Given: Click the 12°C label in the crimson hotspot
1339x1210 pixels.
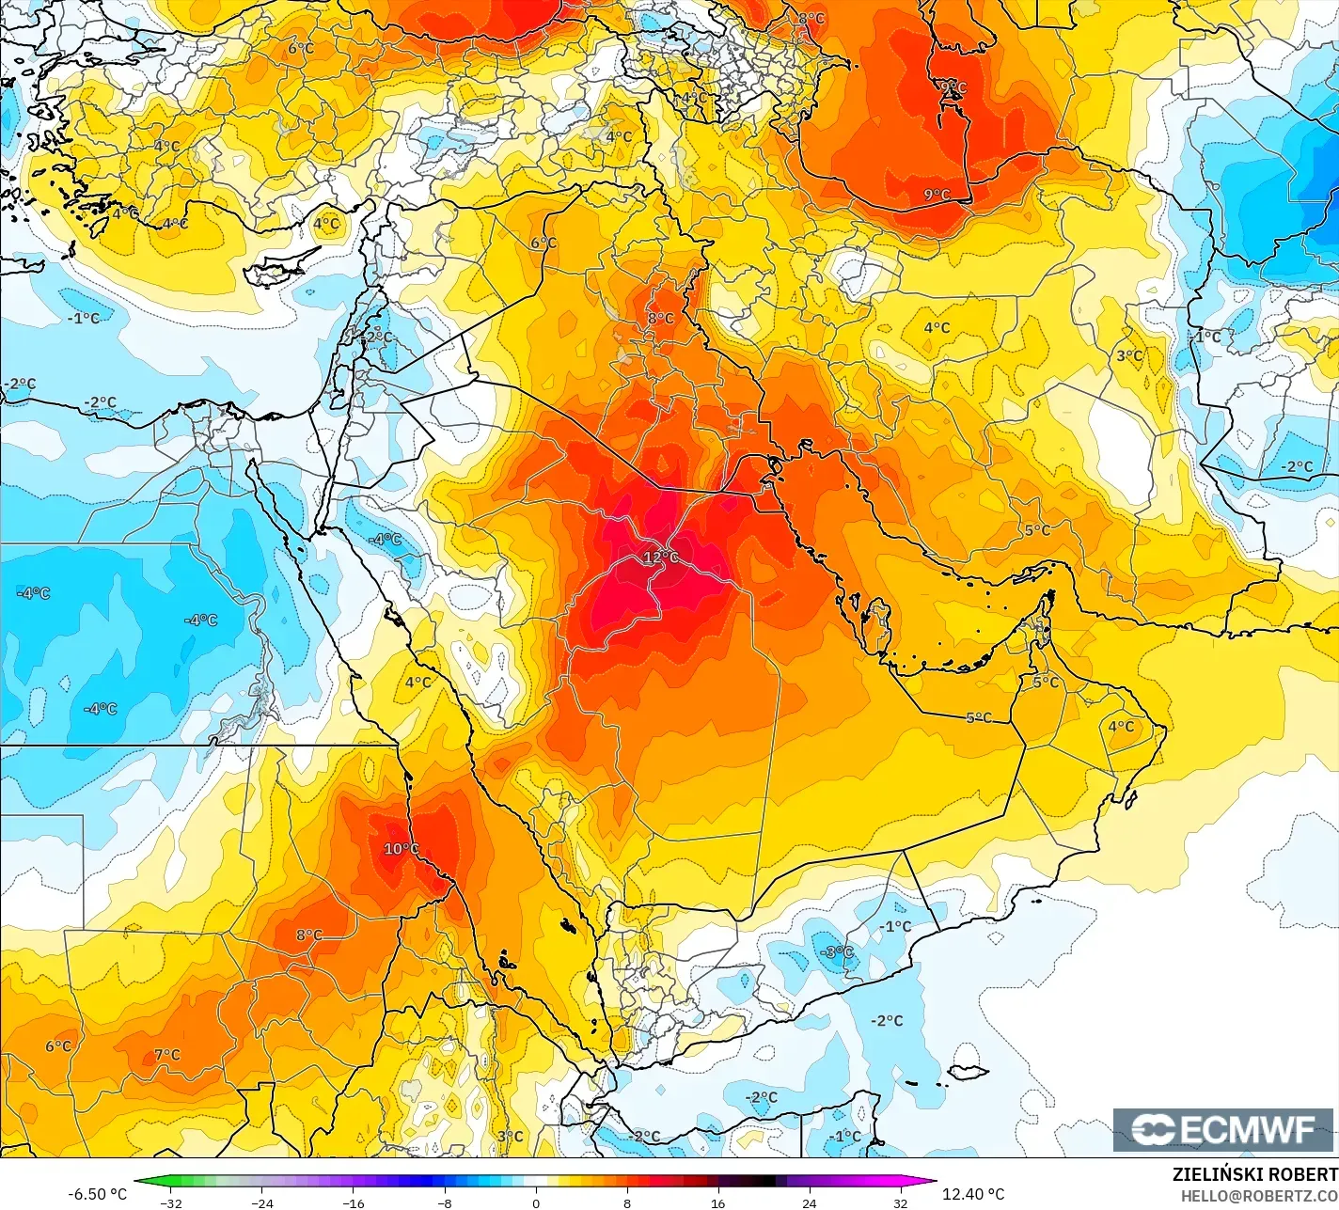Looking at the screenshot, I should pos(660,558).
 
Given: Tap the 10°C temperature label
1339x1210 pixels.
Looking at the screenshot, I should pos(402,849).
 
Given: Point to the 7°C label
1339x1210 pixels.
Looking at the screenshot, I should pos(167,1055).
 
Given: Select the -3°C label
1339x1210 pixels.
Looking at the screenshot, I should pos(836,952).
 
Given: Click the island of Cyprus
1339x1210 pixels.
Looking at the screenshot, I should pos(275,269).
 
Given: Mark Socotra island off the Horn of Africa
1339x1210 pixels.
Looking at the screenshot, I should pos(967,1073).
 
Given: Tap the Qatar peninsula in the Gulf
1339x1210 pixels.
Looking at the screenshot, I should pos(882,627).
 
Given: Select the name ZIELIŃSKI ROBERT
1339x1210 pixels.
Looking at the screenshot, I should pos(1254,1175).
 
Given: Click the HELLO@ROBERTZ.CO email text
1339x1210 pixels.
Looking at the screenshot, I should pos(1259,1195).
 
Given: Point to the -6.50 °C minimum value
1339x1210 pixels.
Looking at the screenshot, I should pos(97,1194).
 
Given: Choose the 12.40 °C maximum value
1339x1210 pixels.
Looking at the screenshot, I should pos(973,1194).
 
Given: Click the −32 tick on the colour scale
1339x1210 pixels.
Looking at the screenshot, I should pos(170,1202).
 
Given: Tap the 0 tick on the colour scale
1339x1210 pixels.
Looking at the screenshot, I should pos(536,1202).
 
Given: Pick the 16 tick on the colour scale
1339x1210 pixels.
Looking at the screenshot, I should pos(718,1202).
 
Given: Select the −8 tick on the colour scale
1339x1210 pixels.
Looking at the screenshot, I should pos(445,1202).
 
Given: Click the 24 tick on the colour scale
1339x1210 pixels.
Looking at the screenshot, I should pos(810,1202).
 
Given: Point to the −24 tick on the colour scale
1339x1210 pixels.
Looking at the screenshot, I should pos(261,1202).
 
